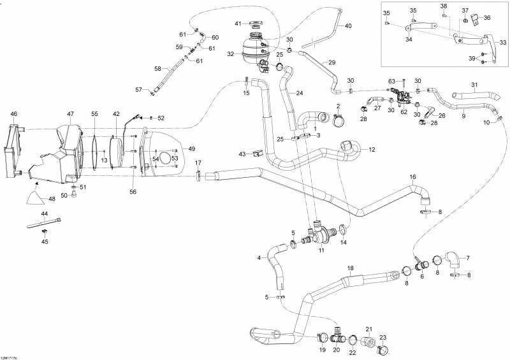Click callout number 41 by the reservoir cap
pyautogui.click(x=238, y=24)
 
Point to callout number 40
pyautogui.click(x=348, y=26)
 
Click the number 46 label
pyautogui.click(x=14, y=114)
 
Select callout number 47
pyautogui.click(x=71, y=114)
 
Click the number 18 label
pyautogui.click(x=349, y=268)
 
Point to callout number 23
pyautogui.click(x=382, y=338)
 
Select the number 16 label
pyautogui.click(x=412, y=176)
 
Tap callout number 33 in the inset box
pyautogui.click(x=503, y=43)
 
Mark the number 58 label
pyautogui.click(x=157, y=68)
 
